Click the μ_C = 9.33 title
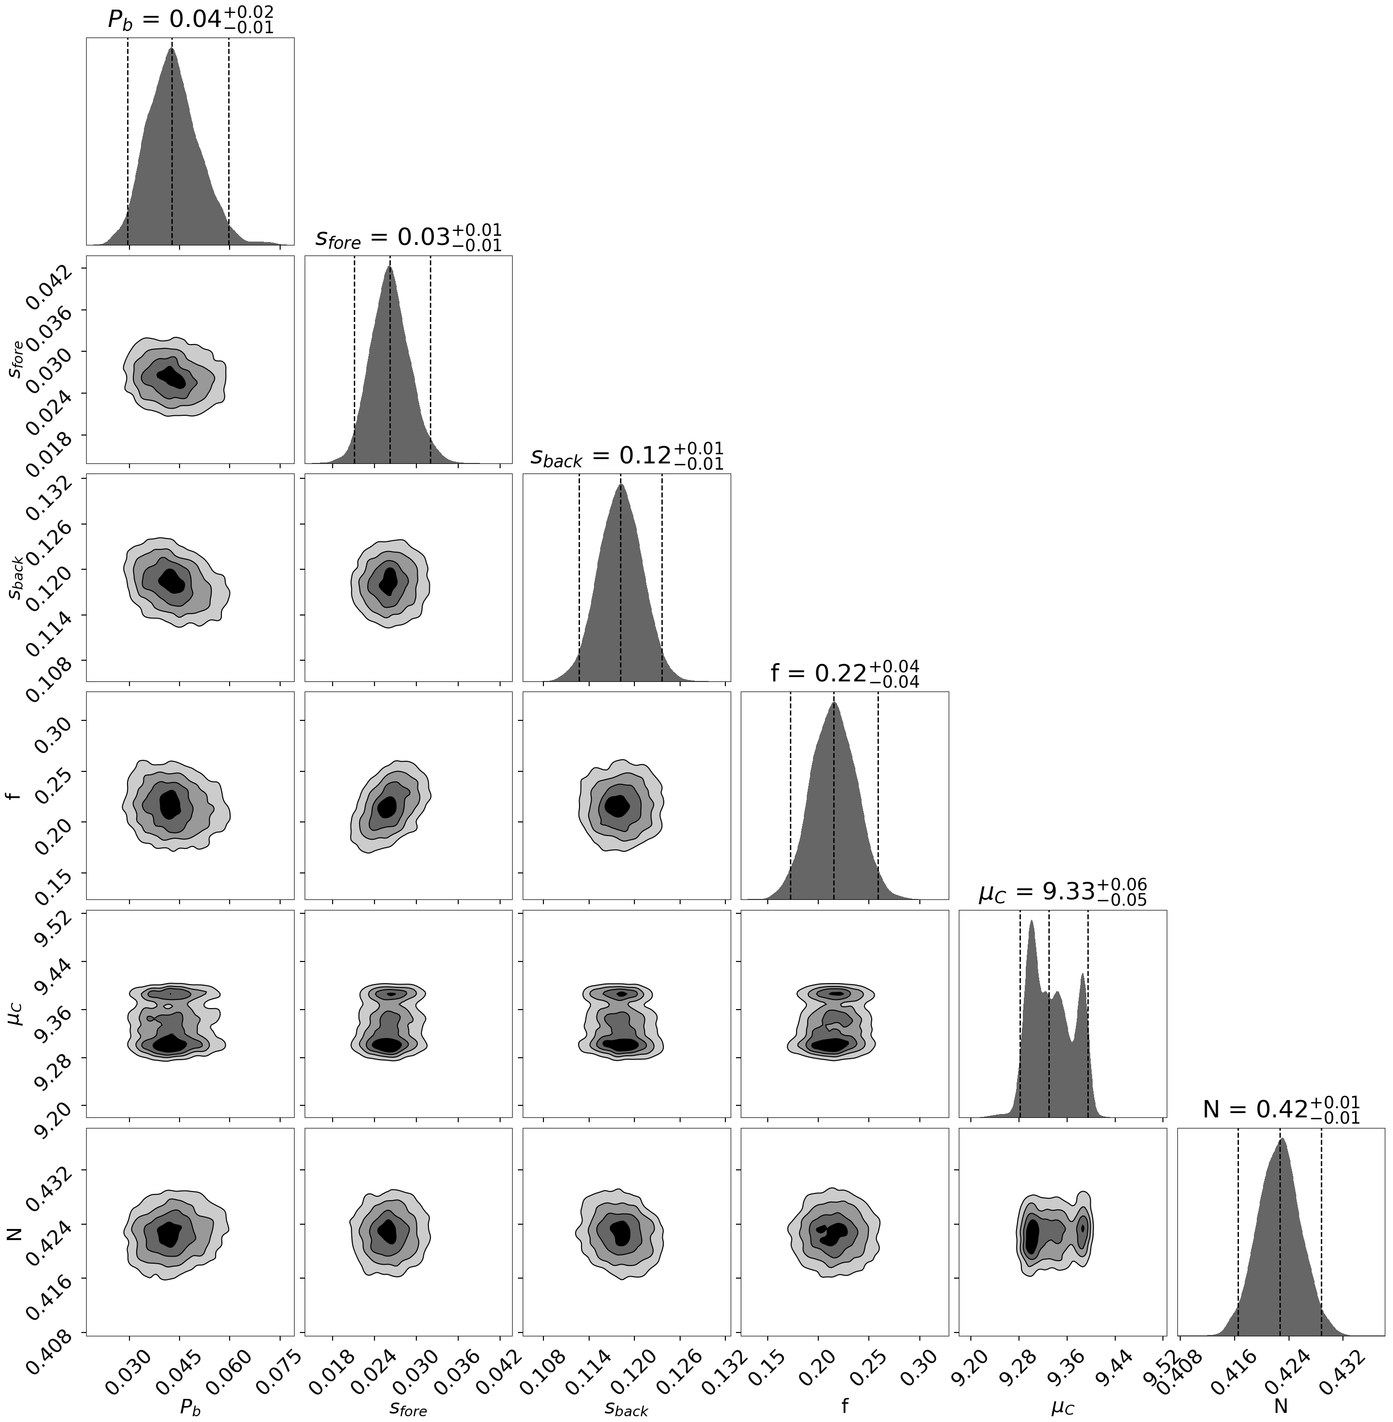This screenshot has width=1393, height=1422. tap(1062, 892)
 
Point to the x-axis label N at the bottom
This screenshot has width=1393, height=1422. tap(1280, 1406)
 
